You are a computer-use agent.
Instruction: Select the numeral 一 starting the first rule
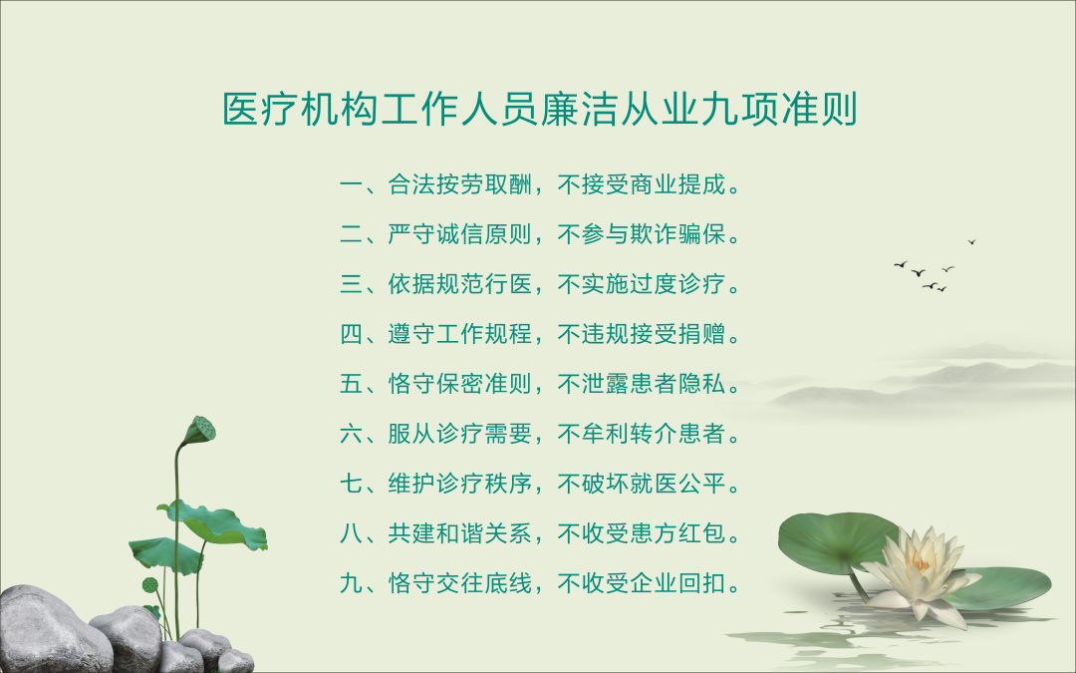(x=352, y=184)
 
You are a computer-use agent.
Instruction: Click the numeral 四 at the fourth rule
(x=352, y=334)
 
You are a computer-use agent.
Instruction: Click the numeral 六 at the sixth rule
(x=352, y=434)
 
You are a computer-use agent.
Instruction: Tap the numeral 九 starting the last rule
(x=352, y=583)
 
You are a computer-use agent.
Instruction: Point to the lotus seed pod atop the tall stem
(x=200, y=430)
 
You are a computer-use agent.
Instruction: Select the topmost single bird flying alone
(x=971, y=241)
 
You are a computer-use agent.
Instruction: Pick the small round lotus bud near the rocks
(x=150, y=585)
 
